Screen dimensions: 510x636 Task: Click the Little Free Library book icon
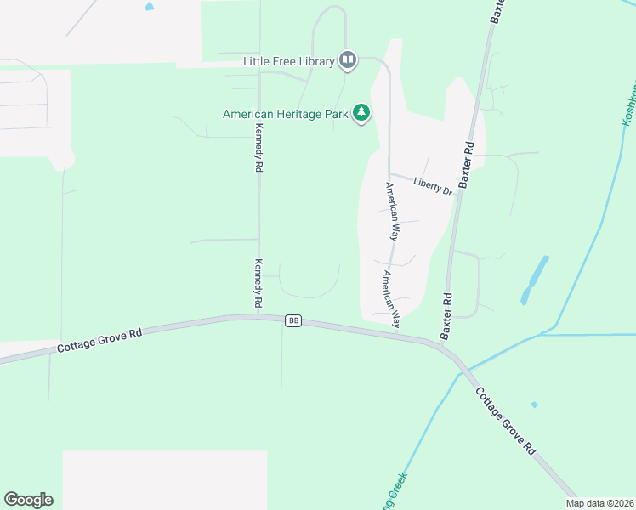(347, 59)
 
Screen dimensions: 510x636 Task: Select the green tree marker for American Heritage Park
(362, 113)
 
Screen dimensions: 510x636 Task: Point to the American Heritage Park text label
(286, 114)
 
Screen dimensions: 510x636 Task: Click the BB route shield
(293, 320)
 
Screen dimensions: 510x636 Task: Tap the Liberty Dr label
(432, 185)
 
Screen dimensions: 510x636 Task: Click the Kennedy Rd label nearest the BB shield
(257, 284)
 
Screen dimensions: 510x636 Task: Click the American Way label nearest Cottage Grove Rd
(389, 299)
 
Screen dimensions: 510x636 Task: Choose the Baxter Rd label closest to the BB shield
(446, 316)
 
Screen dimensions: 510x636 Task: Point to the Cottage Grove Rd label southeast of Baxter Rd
(505, 420)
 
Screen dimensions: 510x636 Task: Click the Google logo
(28, 499)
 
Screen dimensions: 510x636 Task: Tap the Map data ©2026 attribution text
(599, 503)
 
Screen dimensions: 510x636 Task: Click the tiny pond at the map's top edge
(150, 6)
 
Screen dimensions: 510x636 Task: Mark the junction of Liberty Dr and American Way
(389, 174)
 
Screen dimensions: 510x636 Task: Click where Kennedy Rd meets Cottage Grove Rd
(258, 316)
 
